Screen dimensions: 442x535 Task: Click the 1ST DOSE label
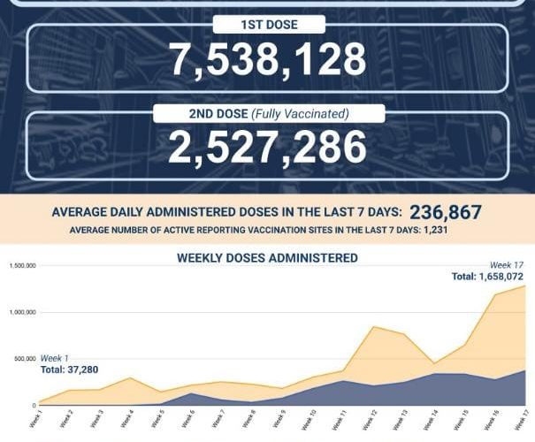point(267,24)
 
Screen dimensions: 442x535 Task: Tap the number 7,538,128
point(268,59)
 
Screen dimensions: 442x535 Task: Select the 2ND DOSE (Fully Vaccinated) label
point(268,113)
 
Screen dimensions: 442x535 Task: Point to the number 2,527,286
point(268,148)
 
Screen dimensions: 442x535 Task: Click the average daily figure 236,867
point(446,212)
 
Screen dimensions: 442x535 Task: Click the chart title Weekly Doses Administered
point(267,258)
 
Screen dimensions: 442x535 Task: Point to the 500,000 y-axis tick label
point(24,359)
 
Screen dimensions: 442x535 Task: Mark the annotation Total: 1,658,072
point(487,277)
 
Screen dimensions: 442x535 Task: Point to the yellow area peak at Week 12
point(374,327)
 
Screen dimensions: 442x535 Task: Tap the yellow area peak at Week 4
point(131,378)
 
